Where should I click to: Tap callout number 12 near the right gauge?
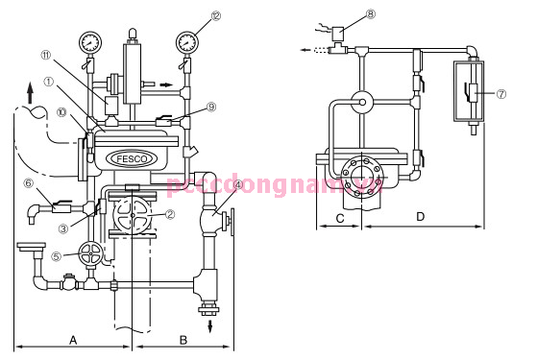(x=215, y=16)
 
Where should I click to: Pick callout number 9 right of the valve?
(x=212, y=108)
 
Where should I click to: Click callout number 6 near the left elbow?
(x=28, y=182)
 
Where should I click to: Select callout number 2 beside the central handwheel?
(x=169, y=215)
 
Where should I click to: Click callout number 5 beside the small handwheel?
(x=57, y=256)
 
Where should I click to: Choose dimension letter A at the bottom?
(x=73, y=339)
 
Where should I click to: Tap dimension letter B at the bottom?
(x=183, y=339)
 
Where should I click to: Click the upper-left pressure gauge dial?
(x=89, y=42)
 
